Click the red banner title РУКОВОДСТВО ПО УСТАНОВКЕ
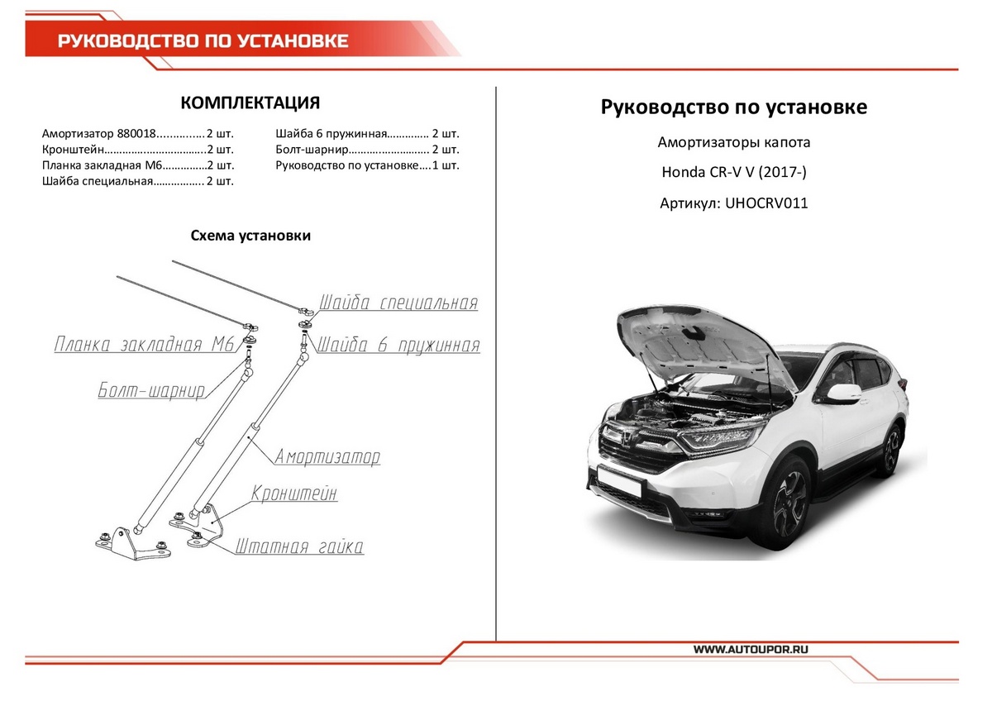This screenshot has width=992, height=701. click(x=203, y=41)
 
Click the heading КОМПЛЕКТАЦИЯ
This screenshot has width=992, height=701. click(x=250, y=103)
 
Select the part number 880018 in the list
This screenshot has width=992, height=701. click(x=136, y=133)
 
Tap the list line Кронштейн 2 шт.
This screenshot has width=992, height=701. click(x=138, y=150)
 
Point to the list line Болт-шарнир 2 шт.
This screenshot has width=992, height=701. click(x=367, y=150)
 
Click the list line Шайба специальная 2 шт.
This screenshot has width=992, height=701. click(x=138, y=181)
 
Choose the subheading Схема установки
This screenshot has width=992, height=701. click(x=250, y=236)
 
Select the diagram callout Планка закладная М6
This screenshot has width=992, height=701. click(x=144, y=345)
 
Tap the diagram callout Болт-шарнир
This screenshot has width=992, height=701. click(x=151, y=390)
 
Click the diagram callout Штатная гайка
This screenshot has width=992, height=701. click(x=299, y=546)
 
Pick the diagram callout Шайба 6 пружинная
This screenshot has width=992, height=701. click(x=398, y=345)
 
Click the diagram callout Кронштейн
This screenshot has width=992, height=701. click(x=294, y=494)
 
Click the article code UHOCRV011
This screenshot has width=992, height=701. click(x=766, y=203)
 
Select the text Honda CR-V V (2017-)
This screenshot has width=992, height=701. click(x=734, y=173)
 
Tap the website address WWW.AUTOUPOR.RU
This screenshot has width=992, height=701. click(x=750, y=650)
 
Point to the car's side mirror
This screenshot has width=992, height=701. click(x=843, y=393)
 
